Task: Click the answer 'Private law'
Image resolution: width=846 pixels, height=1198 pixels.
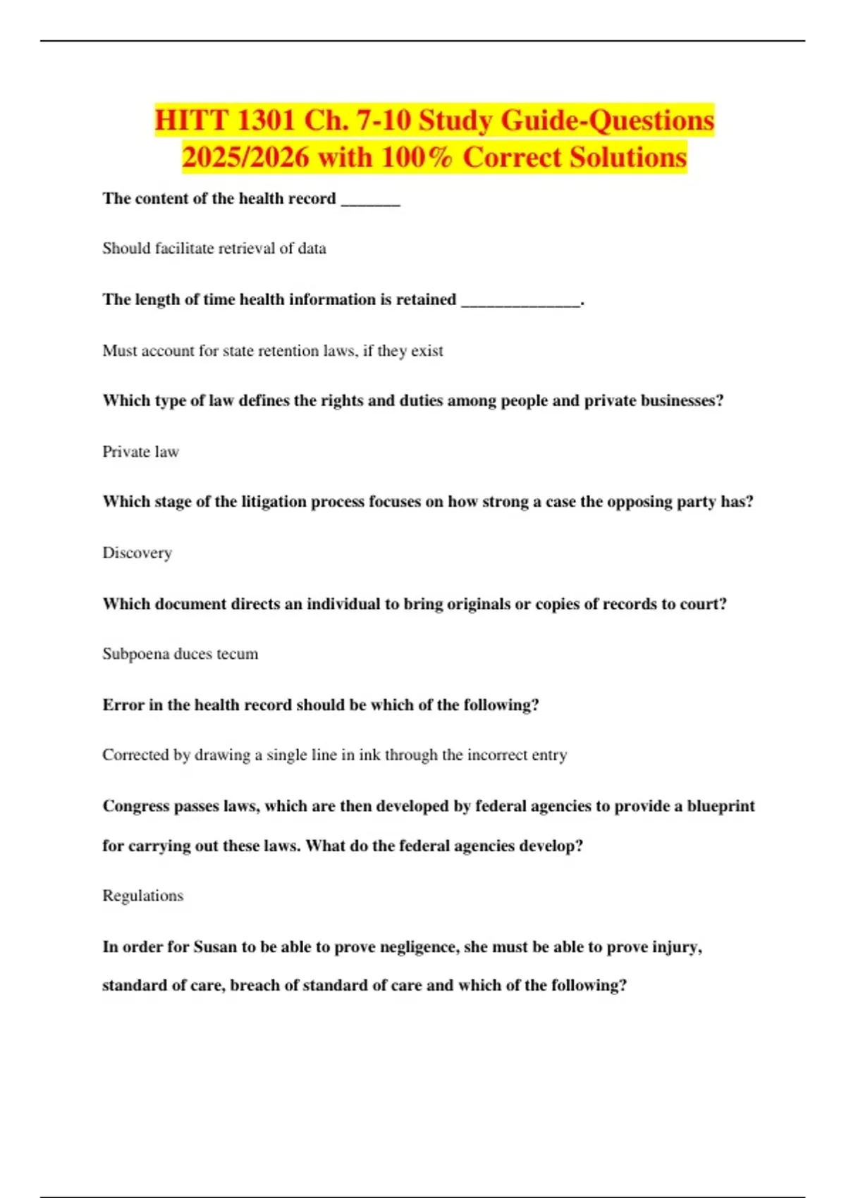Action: pyautogui.click(x=140, y=452)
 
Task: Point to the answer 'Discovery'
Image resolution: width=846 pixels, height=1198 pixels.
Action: pyautogui.click(x=137, y=552)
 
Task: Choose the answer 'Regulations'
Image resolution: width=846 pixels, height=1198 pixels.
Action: pyautogui.click(x=142, y=896)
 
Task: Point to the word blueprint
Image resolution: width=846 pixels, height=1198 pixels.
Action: pyautogui.click(x=721, y=806)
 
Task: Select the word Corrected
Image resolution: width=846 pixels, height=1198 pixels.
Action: pyautogui.click(x=136, y=755)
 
